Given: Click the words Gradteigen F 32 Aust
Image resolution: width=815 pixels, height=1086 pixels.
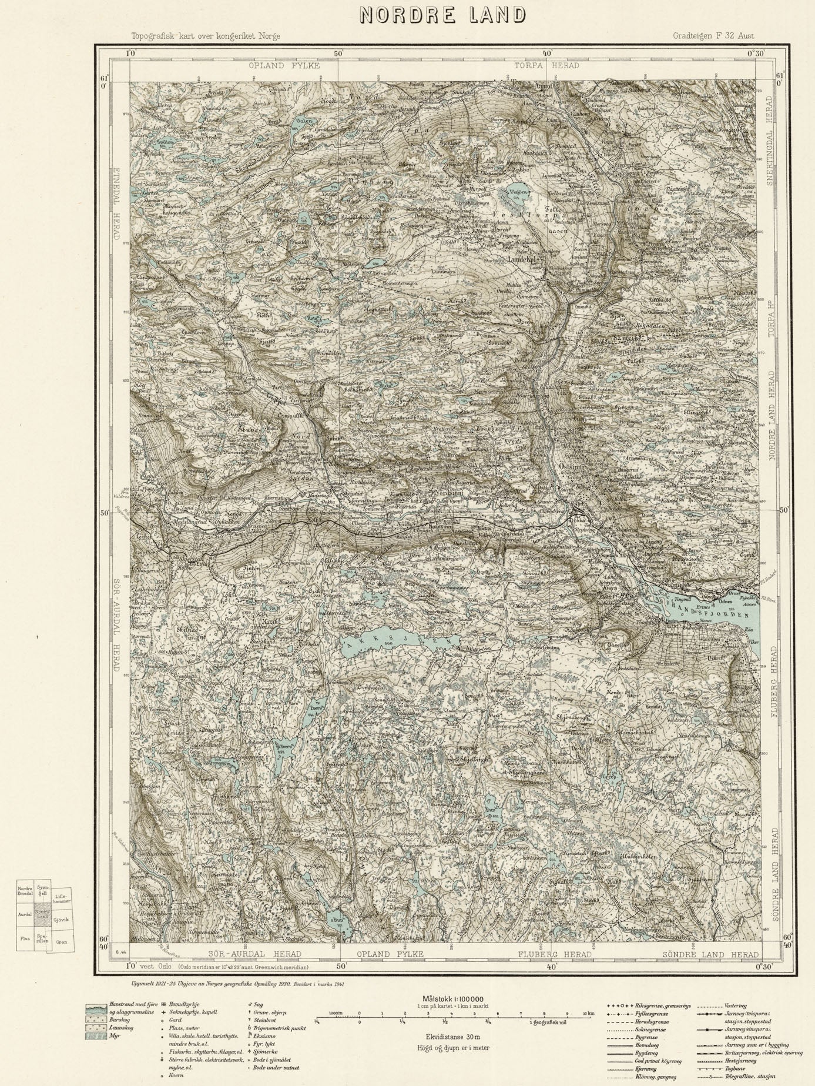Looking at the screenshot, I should pos(713,36).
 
